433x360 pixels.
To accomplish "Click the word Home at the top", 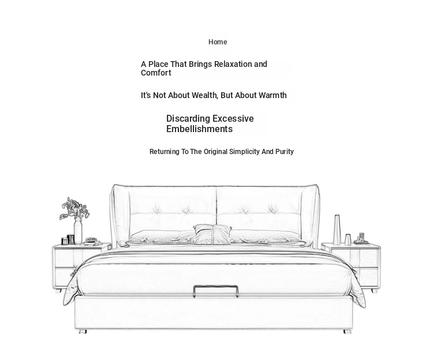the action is [x=218, y=42].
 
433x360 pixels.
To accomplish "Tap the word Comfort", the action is [x=156, y=73].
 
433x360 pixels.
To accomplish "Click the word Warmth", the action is [x=273, y=95].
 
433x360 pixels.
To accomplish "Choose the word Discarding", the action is [x=188, y=119].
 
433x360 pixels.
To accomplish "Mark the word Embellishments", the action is [x=199, y=129].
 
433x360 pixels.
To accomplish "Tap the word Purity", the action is [x=285, y=152].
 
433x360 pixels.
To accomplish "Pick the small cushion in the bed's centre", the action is [x=212, y=234].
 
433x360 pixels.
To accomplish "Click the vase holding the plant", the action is [x=78, y=231].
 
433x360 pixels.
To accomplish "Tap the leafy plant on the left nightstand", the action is [x=74, y=208].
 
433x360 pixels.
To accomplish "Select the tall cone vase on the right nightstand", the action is [x=337, y=230].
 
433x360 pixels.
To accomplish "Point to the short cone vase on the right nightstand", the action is [x=348, y=240].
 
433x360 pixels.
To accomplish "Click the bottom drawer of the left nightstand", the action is [x=65, y=277].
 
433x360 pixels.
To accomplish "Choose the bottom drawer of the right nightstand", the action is [x=366, y=277].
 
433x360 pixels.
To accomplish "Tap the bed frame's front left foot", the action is [x=83, y=332].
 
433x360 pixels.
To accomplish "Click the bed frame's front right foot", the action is [x=348, y=332].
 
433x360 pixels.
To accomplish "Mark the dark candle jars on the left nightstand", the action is [x=68, y=239].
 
